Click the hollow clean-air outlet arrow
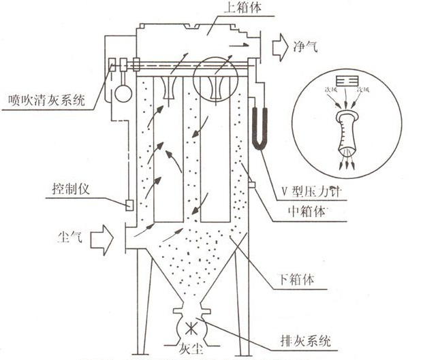(279, 47)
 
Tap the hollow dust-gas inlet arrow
(104, 239)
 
